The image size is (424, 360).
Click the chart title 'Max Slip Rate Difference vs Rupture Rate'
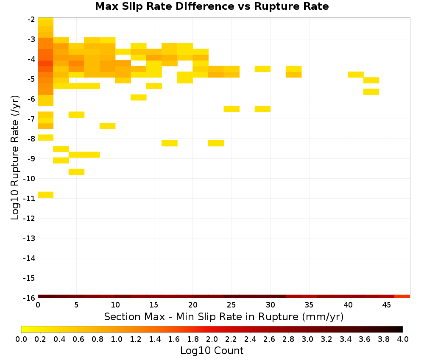pos(212,6)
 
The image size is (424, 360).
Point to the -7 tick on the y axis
pos(31,119)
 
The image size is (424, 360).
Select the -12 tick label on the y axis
pos(29,218)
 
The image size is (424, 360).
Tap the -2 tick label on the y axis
pos(31,19)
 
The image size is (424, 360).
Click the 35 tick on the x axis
pos(309,305)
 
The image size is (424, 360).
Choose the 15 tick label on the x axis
pos(154,305)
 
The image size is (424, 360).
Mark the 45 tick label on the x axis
pos(387,305)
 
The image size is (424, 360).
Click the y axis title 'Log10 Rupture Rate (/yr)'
pos(15,158)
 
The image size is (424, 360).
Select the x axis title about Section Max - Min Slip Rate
pos(224,317)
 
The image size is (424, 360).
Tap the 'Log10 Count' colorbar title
pos(212,351)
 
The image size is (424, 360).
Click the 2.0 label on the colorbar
pos(212,339)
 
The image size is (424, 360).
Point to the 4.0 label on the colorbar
pos(403,339)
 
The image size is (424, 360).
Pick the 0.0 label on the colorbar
pos(21,339)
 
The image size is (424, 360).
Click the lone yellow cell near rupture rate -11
pos(46,195)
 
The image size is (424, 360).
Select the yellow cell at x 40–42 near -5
pos(356,75)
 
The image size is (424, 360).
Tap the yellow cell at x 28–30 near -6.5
pos(262,109)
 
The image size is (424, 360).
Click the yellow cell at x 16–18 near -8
pos(170,143)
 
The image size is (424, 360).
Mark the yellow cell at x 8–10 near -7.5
pos(108,126)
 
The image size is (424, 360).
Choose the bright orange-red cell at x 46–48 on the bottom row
pos(402,296)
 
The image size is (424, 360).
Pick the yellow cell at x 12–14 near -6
pos(139,97)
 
